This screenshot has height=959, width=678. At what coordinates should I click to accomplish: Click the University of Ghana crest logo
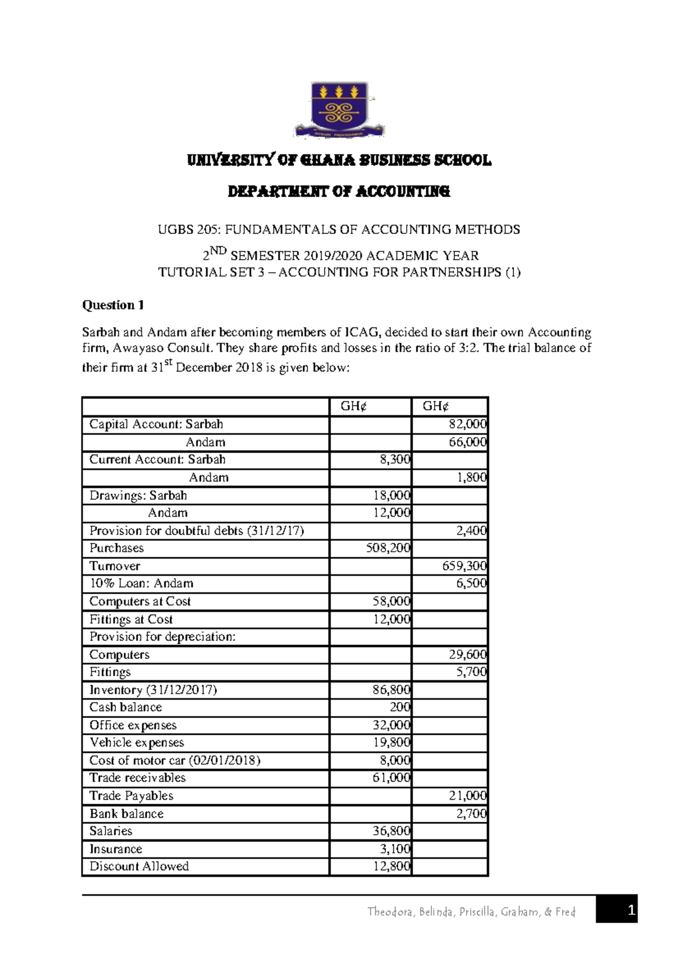[x=339, y=110]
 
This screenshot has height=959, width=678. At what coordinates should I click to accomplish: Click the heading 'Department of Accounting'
[x=339, y=191]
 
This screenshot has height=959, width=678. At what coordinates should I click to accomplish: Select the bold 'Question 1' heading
[x=113, y=306]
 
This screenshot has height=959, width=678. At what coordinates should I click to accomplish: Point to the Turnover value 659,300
[x=464, y=566]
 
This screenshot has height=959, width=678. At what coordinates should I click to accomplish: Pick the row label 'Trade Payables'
[x=131, y=796]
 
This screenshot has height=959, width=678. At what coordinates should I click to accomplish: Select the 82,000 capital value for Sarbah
[x=468, y=424]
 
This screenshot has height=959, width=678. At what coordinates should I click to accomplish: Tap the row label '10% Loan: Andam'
[x=141, y=583]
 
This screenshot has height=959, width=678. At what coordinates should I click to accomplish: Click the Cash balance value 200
[x=400, y=707]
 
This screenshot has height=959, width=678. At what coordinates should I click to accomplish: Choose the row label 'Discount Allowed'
[x=139, y=866]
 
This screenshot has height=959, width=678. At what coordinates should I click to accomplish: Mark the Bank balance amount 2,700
[x=471, y=814]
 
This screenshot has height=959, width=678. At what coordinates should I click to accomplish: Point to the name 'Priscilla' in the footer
[x=478, y=912]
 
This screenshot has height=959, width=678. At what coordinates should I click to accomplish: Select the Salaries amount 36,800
[x=392, y=831]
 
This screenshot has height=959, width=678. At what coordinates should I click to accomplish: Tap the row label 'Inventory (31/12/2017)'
[x=153, y=690]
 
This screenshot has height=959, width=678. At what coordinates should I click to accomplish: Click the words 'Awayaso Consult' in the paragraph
[x=164, y=348]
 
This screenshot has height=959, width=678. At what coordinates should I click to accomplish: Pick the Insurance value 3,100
[x=395, y=849]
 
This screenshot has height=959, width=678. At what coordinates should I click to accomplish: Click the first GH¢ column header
[x=353, y=406]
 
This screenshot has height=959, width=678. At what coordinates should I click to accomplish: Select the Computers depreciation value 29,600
[x=468, y=655]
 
